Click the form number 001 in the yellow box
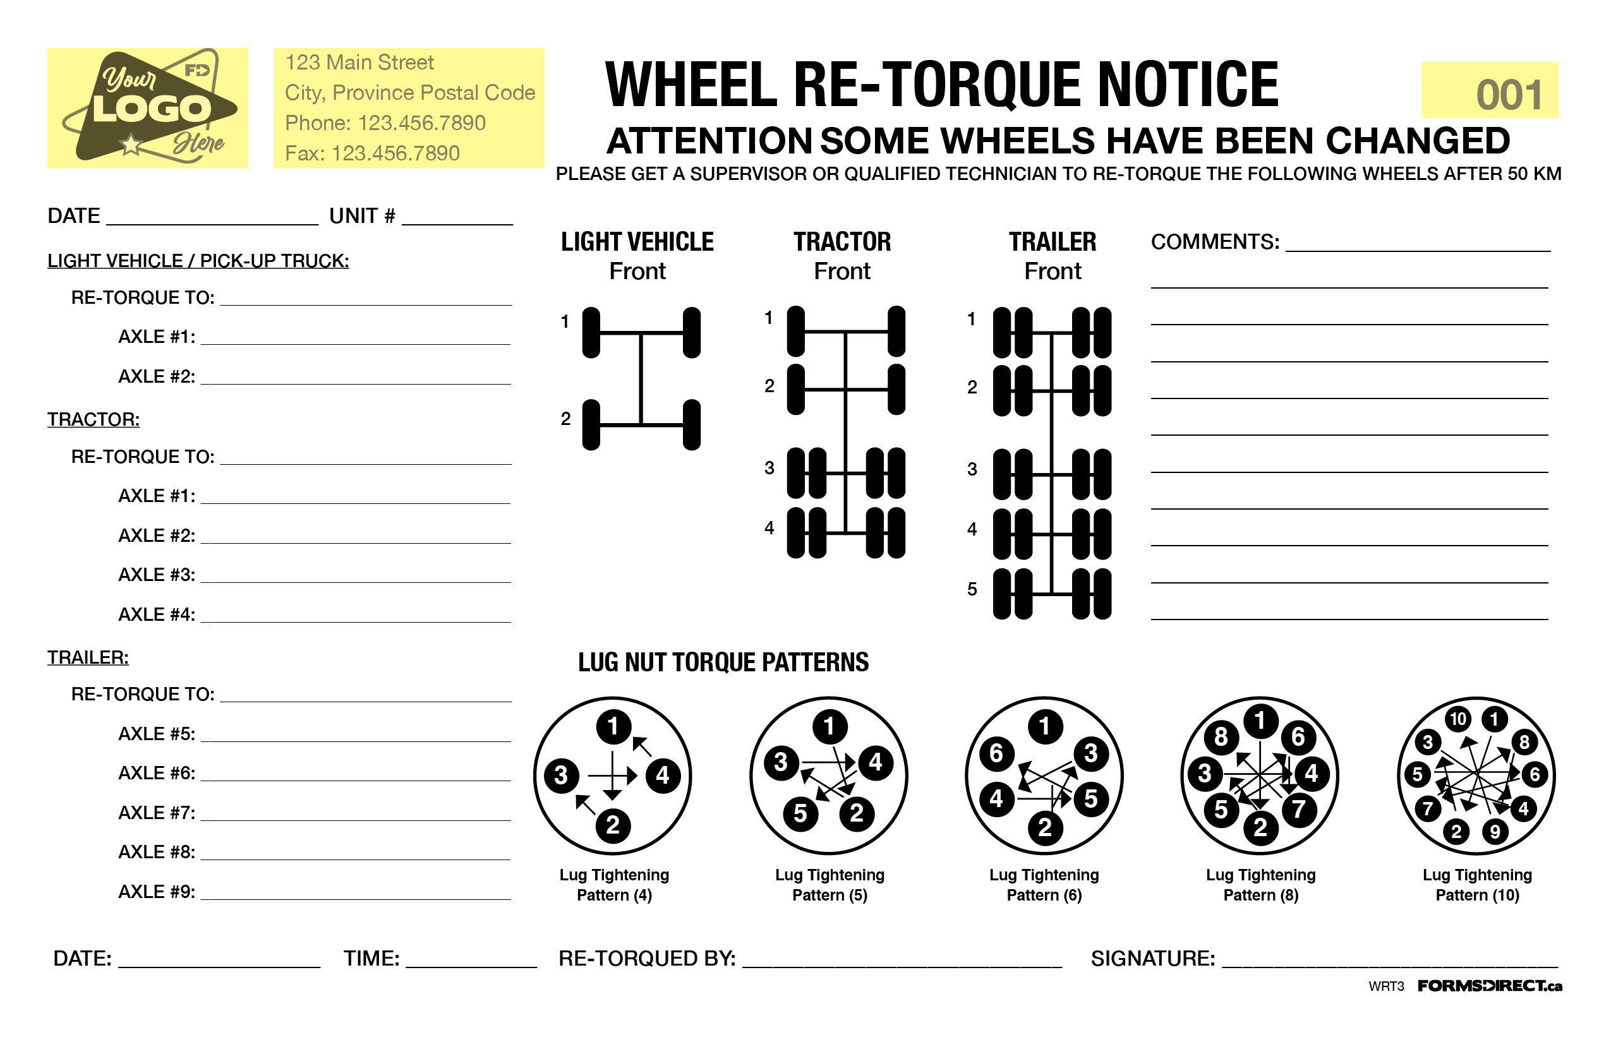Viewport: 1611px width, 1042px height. click(1509, 95)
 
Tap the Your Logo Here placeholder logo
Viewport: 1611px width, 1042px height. click(148, 107)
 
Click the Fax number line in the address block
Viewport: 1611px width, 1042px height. click(371, 153)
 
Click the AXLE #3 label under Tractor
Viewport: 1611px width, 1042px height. click(157, 575)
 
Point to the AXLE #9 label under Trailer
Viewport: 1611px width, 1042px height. click(157, 892)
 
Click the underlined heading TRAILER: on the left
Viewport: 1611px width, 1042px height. click(88, 657)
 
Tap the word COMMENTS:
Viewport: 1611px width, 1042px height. click(1214, 243)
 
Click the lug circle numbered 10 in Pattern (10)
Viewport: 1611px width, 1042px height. click(1457, 719)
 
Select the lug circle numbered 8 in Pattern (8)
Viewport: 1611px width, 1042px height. click(1221, 737)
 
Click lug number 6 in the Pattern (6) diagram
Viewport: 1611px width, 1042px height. click(996, 753)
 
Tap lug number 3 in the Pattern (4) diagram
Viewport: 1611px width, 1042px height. click(560, 775)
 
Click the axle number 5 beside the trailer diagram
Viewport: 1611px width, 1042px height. click(972, 589)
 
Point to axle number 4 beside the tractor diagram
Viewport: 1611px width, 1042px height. click(769, 529)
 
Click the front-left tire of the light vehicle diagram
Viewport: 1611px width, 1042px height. click(591, 332)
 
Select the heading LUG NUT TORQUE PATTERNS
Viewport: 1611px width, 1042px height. click(723, 662)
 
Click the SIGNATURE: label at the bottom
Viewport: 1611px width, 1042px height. click(1152, 959)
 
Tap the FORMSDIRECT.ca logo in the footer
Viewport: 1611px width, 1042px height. click(1489, 986)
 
